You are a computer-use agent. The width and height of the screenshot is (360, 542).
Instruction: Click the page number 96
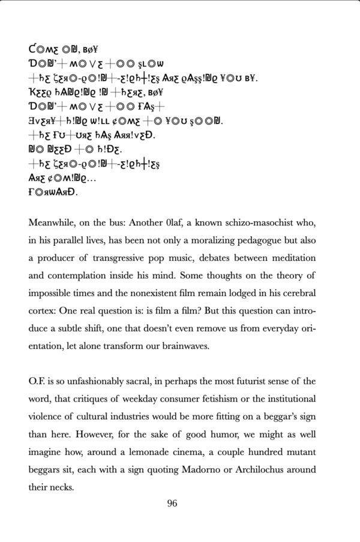[x=172, y=504]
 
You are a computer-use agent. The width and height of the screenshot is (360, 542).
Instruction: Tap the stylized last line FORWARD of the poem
[x=53, y=194]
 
